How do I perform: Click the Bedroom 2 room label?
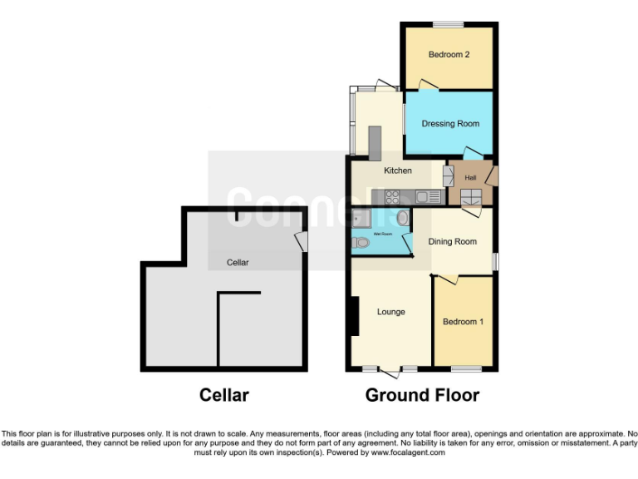tap(449, 55)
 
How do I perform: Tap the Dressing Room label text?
tap(450, 124)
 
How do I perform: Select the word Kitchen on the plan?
tap(397, 170)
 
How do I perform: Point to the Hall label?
tap(470, 178)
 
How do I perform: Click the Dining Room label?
tap(452, 242)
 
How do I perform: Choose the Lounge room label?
tap(390, 312)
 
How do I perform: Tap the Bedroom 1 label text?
tap(463, 322)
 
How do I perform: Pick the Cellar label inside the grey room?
tap(238, 263)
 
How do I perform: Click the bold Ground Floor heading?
tap(422, 395)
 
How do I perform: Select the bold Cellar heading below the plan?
tap(224, 395)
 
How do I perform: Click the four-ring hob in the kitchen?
tap(393, 197)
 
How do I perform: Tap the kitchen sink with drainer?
tap(428, 197)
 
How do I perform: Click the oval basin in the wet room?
tap(404, 219)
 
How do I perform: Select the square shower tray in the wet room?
tap(361, 219)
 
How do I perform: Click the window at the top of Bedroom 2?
tap(449, 23)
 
